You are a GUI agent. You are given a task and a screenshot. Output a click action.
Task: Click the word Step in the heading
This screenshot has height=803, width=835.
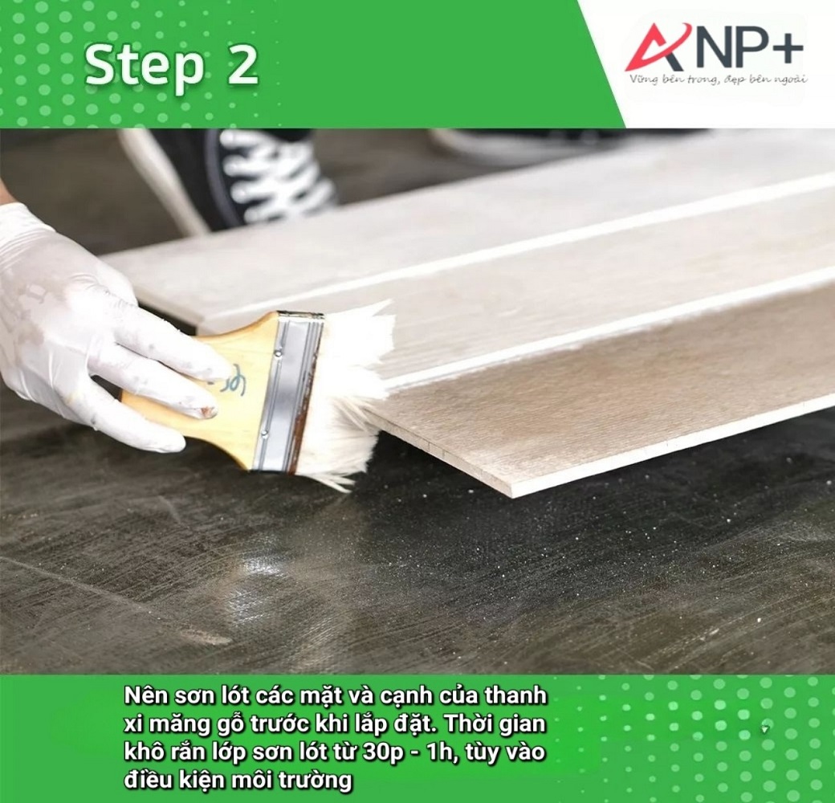[145, 66]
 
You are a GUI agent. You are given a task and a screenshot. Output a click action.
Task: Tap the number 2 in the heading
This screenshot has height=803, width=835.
[242, 66]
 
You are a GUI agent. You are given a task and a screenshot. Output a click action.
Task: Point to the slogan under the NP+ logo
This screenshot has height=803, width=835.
[718, 79]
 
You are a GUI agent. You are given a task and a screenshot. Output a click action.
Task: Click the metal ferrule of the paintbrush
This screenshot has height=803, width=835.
[288, 389]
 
